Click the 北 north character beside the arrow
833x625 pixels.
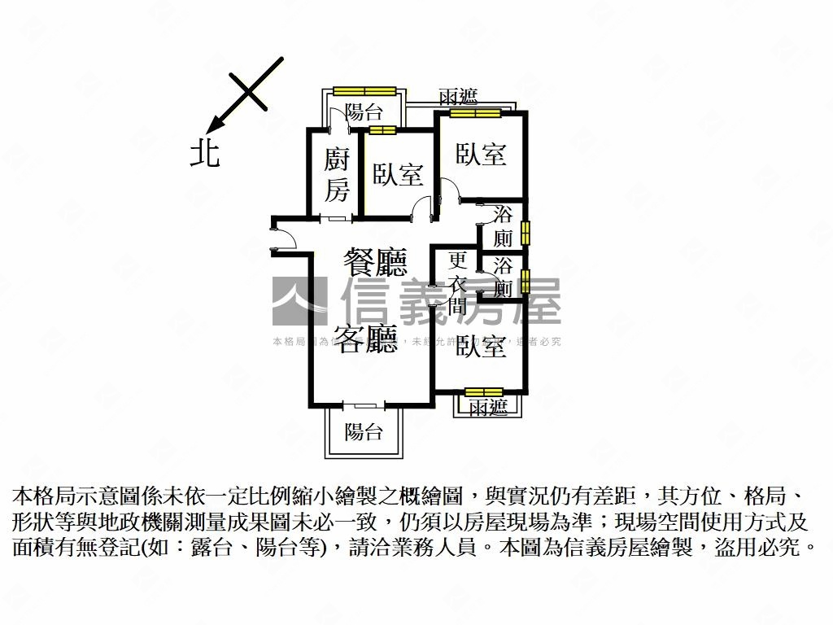[205, 152]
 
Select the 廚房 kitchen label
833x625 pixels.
[336, 175]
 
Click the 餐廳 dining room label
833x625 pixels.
[375, 264]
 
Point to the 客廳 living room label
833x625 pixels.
[367, 339]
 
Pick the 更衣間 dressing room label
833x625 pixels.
[458, 283]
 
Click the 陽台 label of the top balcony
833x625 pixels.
[364, 112]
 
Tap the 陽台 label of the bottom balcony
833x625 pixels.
[363, 431]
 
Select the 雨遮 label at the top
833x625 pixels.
[458, 98]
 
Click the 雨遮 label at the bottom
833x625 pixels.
[488, 407]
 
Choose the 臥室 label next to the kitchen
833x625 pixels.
[398, 175]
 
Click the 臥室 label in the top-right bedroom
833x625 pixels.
[481, 154]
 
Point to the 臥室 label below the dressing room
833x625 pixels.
[482, 347]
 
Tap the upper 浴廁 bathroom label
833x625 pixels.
[504, 227]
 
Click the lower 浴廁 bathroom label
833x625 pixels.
[504, 277]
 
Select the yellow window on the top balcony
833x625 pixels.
[364, 90]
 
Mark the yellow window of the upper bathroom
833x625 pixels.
[526, 233]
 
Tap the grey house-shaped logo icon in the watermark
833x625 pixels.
[299, 302]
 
